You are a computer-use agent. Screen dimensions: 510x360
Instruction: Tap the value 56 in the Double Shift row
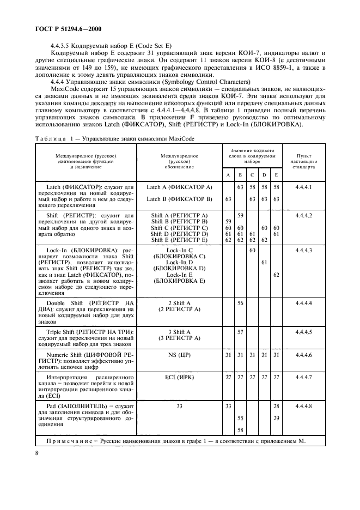[x=240, y=302]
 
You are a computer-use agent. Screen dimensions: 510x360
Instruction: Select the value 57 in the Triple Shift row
[x=240, y=331]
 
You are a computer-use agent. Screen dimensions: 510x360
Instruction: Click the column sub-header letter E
[x=276, y=174]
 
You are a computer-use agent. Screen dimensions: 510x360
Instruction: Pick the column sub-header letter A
[x=228, y=174]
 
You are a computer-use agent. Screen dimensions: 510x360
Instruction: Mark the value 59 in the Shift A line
[x=240, y=216]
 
